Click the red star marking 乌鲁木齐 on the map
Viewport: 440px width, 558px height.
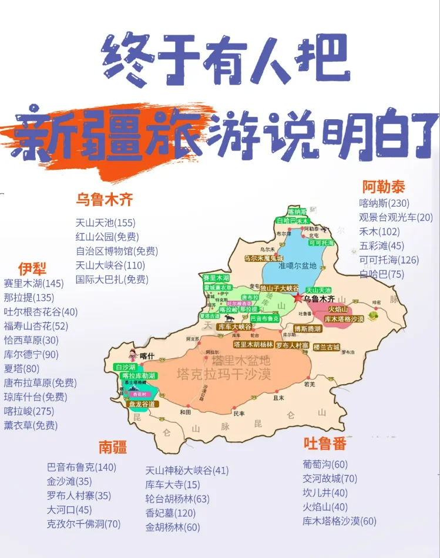pyautogui.click(x=298, y=298)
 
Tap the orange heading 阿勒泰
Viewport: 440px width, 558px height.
pyautogui.click(x=384, y=187)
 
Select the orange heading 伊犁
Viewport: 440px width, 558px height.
pyautogui.click(x=32, y=269)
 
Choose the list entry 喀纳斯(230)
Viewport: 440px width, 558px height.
pyautogui.click(x=385, y=203)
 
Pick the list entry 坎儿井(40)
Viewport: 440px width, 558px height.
pyautogui.click(x=325, y=493)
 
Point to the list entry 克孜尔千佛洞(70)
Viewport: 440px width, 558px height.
pyautogui.click(x=83, y=524)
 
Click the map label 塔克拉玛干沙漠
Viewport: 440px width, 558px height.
pyautogui.click(x=224, y=374)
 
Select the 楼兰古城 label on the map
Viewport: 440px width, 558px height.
pyautogui.click(x=327, y=347)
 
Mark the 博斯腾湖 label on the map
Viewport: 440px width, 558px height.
pyautogui.click(x=308, y=329)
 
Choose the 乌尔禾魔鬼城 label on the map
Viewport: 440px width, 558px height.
pyautogui.click(x=264, y=258)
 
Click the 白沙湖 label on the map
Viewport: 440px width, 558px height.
pyautogui.click(x=126, y=367)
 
